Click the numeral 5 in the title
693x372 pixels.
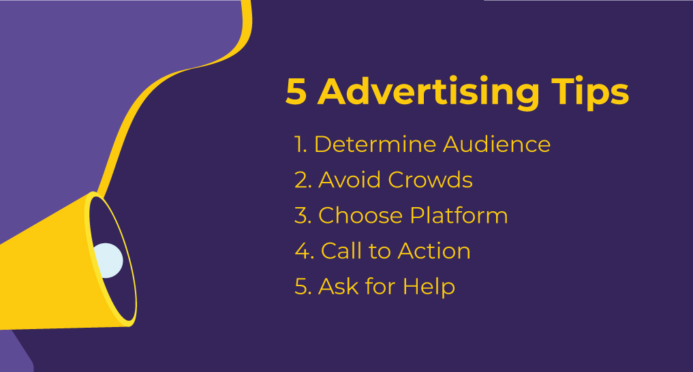click(x=296, y=92)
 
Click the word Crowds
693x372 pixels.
click(x=430, y=180)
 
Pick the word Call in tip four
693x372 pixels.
click(x=340, y=251)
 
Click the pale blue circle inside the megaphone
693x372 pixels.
click(x=108, y=260)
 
